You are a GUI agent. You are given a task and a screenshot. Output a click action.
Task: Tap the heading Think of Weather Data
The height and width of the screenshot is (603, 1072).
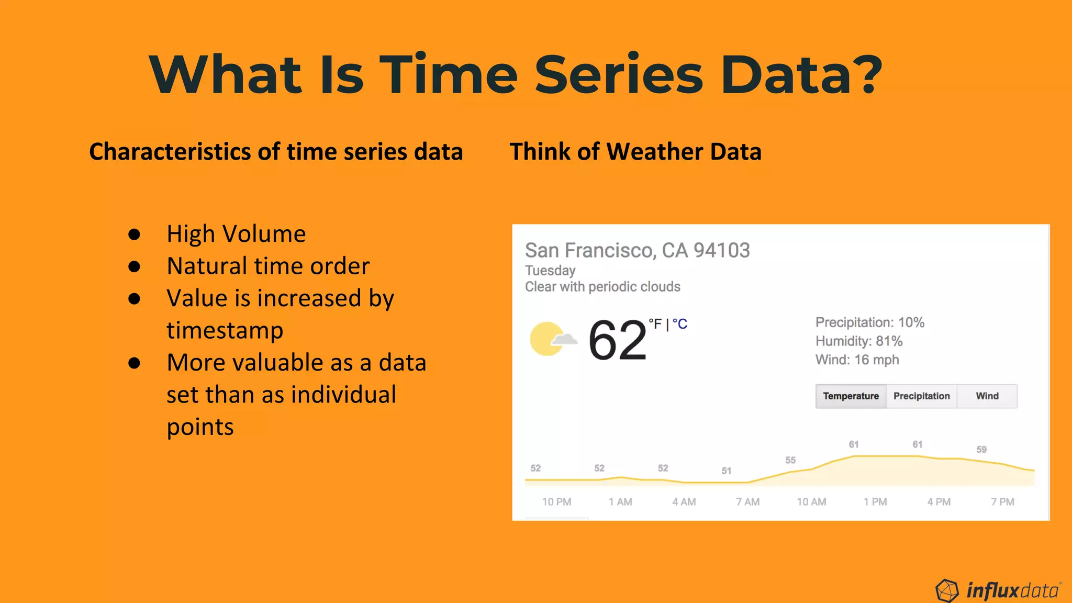click(x=635, y=152)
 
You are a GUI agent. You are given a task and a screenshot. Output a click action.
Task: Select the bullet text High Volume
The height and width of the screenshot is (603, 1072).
click(x=236, y=234)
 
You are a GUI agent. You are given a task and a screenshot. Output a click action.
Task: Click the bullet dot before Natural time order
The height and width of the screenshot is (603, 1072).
click(x=135, y=266)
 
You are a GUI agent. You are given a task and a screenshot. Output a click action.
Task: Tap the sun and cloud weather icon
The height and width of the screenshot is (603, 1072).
click(x=552, y=339)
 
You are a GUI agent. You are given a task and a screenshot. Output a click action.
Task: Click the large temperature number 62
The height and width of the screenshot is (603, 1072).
click(x=617, y=341)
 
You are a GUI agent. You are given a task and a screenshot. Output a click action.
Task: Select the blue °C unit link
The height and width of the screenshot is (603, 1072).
click(x=680, y=325)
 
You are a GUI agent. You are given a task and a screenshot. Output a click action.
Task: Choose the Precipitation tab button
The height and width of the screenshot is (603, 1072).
click(x=921, y=396)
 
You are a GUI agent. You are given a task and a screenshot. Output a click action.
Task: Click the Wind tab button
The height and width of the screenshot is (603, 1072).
click(x=987, y=396)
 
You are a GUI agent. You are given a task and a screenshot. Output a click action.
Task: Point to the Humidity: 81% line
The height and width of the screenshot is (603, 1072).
click(x=858, y=341)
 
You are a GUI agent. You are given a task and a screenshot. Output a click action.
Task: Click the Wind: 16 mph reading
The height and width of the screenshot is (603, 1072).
click(x=857, y=360)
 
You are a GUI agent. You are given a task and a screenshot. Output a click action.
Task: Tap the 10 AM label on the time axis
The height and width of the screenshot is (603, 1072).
click(x=811, y=502)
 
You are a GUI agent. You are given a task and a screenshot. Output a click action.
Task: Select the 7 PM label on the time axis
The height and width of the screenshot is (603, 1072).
click(x=1002, y=502)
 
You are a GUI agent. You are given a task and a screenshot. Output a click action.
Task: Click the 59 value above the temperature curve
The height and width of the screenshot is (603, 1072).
click(x=981, y=450)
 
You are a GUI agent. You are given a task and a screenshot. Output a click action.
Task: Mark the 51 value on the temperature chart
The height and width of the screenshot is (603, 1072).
click(x=726, y=471)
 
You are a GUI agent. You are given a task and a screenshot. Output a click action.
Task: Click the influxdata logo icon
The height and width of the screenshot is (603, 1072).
click(x=947, y=591)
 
